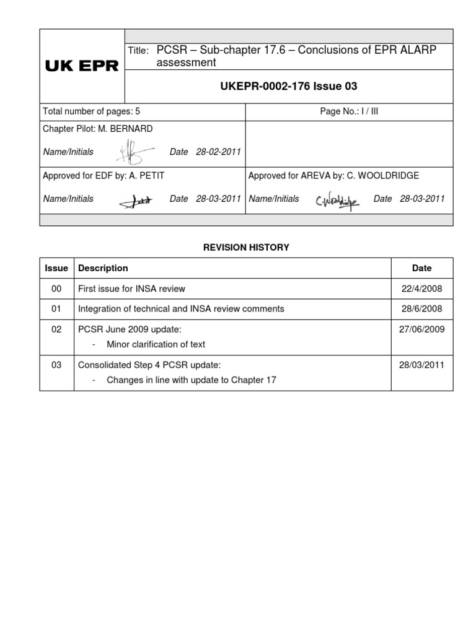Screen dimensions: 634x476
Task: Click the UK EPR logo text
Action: point(82,66)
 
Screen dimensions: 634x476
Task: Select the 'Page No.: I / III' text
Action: point(349,112)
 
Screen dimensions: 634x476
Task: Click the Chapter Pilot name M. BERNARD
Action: point(130,129)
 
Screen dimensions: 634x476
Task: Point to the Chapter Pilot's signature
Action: point(134,151)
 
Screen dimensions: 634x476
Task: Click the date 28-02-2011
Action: point(218,152)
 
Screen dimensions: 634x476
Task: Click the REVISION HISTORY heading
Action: point(246,247)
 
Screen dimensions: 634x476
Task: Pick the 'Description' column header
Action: point(103,268)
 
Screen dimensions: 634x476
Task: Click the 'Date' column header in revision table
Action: point(421,268)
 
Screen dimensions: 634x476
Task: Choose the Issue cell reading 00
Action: point(56,289)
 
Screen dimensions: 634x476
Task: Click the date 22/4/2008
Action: point(421,289)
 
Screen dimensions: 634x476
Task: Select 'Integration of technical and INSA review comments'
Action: point(180,308)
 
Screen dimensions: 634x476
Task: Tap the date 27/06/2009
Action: point(421,329)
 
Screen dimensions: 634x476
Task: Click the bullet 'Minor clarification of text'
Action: point(156,344)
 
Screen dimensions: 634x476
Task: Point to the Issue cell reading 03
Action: point(56,365)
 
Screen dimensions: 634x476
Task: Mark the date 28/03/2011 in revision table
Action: point(421,365)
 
